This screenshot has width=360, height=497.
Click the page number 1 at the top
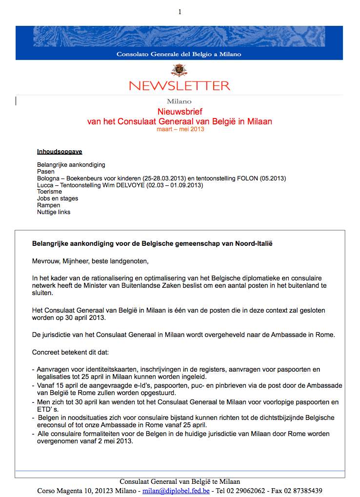pyautogui.click(x=180, y=12)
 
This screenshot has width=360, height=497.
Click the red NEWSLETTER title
pyautogui.click(x=180, y=86)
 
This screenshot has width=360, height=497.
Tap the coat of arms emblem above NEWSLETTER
pyautogui.click(x=180, y=70)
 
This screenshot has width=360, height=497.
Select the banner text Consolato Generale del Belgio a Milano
pyautogui.click(x=179, y=54)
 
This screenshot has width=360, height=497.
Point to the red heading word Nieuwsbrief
pyautogui.click(x=180, y=112)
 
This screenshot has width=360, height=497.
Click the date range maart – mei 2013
pyautogui.click(x=180, y=129)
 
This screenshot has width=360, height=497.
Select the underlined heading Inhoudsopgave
pyautogui.click(x=60, y=152)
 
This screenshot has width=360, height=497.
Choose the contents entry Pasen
pyautogui.click(x=46, y=172)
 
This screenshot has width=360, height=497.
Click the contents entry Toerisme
pyautogui.click(x=51, y=192)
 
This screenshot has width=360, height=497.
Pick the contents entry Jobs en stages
pyautogui.click(x=58, y=199)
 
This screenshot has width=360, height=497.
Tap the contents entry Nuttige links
pyautogui.click(x=54, y=212)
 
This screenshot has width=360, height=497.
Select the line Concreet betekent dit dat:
pyautogui.click(x=71, y=352)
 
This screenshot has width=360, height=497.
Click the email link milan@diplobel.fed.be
pyautogui.click(x=176, y=491)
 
